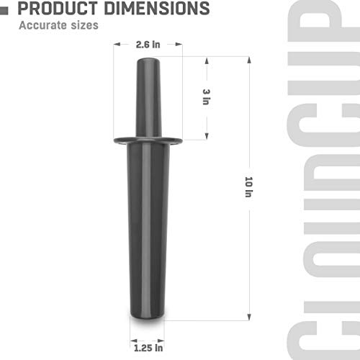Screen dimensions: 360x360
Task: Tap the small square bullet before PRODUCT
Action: click(6, 9)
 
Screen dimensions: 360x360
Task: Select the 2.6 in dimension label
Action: click(147, 44)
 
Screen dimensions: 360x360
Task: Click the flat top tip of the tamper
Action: click(147, 59)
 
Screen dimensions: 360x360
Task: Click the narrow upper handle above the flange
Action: click(147, 101)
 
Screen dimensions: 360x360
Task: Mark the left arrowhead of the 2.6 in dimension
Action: click(114, 44)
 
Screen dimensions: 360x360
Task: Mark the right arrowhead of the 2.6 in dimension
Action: click(180, 44)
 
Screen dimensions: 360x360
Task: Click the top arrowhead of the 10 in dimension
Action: click(249, 60)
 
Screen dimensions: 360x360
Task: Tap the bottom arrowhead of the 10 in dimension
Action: click(249, 317)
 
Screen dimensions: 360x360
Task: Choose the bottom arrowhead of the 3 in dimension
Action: click(207, 137)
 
